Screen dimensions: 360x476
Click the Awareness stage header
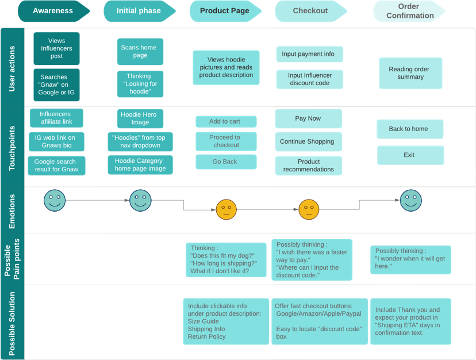[53, 11]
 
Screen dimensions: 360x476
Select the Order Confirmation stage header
[409, 11]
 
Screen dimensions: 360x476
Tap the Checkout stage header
[310, 11]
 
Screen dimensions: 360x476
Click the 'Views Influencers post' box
[56, 48]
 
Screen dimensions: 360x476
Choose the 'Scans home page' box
[140, 52]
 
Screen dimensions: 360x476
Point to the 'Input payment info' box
[309, 54]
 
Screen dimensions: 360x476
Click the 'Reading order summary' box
[410, 73]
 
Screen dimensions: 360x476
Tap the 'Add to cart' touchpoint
[225, 121]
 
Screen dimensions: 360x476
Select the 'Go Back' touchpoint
[225, 162]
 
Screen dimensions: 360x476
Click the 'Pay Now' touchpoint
[308, 118]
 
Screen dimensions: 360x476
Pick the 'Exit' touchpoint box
[410, 155]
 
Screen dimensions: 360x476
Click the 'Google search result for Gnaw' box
[56, 166]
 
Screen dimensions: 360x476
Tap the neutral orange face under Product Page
[226, 209]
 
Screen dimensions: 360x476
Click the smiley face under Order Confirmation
[410, 200]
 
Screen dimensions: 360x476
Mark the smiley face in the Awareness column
[55, 201]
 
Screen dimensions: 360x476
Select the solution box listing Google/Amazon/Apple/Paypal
[320, 321]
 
